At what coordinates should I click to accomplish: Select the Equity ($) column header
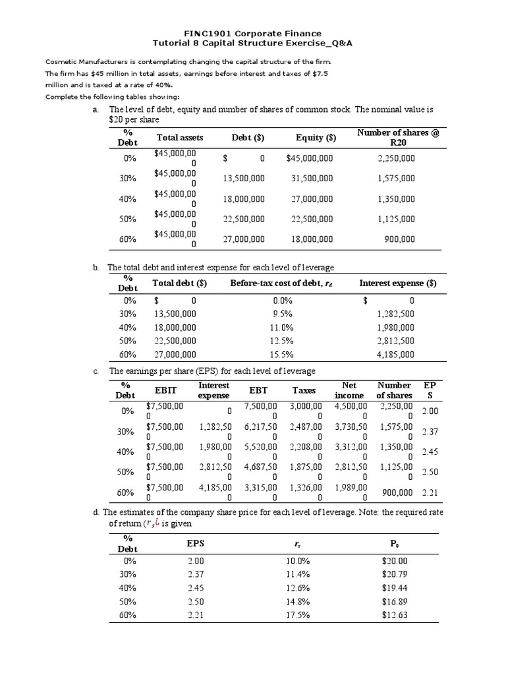[x=316, y=138]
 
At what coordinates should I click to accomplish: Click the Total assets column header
[x=180, y=138]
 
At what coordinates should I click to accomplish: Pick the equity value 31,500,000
[x=312, y=179]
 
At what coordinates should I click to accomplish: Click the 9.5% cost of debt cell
[x=283, y=314]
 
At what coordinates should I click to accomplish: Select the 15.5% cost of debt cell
[x=283, y=355]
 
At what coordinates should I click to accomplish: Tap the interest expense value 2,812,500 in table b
[x=395, y=341]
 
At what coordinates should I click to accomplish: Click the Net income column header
[x=349, y=390]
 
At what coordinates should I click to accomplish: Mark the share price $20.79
[x=395, y=574]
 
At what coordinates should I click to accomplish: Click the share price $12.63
[x=395, y=615]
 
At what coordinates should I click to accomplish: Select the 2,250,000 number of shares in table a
[x=397, y=158]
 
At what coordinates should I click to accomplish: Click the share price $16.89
[x=395, y=601]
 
